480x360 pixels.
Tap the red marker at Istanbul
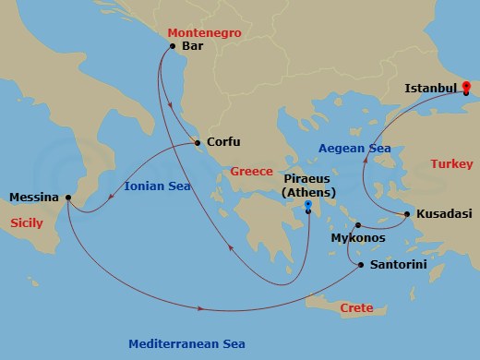point(466,88)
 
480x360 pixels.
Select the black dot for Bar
point(173,45)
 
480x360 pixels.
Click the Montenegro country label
point(204,32)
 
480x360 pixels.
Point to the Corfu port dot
point(197,142)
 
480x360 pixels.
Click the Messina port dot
point(69,197)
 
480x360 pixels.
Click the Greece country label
point(251,172)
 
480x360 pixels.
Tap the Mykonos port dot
point(357,224)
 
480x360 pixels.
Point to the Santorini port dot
point(359,264)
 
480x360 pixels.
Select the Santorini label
point(398,264)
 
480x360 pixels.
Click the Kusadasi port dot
point(407,214)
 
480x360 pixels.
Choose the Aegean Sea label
point(354,148)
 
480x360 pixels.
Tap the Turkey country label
point(451,164)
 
